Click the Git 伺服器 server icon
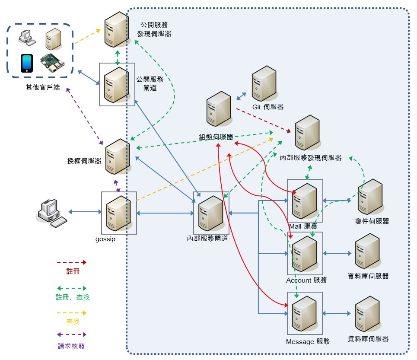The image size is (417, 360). coord(264,83)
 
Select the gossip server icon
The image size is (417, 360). coord(119,213)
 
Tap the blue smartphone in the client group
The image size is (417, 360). coord(27,63)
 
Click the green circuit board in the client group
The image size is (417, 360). coord(52,63)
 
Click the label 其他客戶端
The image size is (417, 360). coord(43,87)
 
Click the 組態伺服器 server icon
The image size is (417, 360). coord(219,109)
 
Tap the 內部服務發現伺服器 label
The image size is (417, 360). coord(311,158)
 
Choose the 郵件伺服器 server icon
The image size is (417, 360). coord(370,197)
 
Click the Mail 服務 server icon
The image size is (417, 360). coord(305,201)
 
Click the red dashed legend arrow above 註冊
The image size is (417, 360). coord(72,262)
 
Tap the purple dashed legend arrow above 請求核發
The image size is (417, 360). coord(72,335)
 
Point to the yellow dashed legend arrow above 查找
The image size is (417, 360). coord(72,312)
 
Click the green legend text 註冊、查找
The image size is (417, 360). coord(73,297)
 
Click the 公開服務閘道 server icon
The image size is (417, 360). coord(117,84)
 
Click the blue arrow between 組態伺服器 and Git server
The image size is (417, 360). coord(241,96)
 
